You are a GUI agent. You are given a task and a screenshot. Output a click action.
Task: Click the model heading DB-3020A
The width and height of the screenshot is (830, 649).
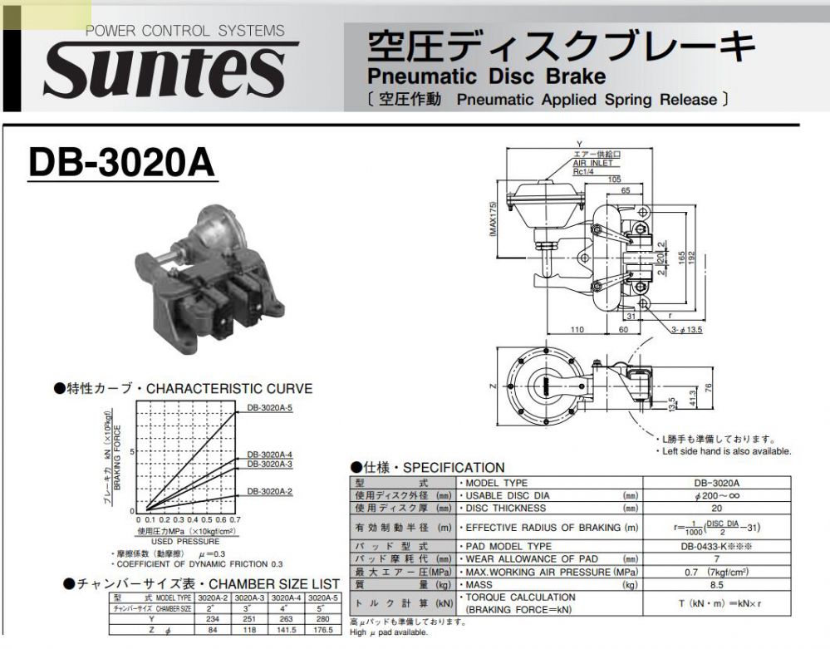point(121,163)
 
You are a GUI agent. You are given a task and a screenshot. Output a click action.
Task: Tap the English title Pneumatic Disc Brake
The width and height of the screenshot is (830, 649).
point(486,76)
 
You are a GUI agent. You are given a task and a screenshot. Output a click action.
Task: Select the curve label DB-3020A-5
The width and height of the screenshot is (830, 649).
point(270,408)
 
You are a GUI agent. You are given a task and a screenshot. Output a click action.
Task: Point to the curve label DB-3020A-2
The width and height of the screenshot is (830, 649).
point(270,492)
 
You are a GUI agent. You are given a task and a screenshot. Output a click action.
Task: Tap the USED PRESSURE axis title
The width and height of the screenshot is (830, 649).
point(185,541)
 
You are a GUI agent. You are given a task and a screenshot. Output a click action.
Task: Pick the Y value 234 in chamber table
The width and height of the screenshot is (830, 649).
point(211,619)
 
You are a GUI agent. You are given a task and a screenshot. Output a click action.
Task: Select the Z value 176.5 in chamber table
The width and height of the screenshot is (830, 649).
point(322,630)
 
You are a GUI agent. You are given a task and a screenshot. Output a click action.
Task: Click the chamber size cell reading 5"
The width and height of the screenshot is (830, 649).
point(322,608)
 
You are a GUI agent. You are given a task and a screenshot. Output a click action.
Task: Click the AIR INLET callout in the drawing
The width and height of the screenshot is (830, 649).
point(592,163)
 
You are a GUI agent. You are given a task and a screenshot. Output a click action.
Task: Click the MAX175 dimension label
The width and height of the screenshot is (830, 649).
point(493,220)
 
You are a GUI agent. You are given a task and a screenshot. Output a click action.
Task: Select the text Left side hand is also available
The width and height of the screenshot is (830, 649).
point(726,451)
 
